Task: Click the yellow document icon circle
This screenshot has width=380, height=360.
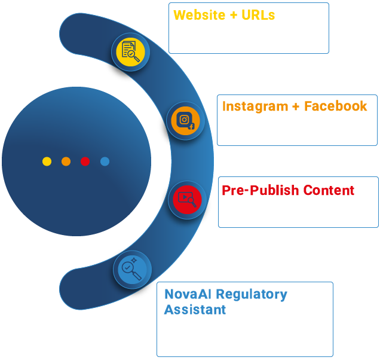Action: (130, 53)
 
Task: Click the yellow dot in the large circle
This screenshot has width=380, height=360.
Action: (47, 161)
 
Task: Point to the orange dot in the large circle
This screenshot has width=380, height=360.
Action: (66, 161)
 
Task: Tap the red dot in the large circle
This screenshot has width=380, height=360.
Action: (85, 161)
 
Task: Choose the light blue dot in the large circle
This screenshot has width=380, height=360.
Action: (105, 161)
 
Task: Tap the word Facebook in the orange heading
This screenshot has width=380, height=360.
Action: (336, 106)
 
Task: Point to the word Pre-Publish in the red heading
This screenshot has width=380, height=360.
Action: (257, 191)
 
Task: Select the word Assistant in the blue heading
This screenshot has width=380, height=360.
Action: (195, 310)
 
